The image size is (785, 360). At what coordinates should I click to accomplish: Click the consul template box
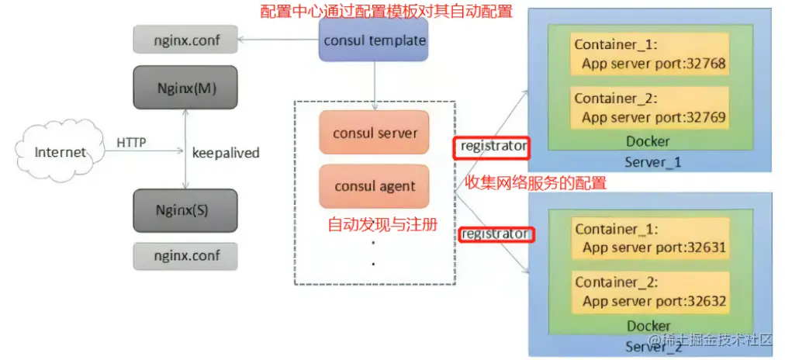(x=375, y=40)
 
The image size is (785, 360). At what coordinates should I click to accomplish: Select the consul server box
(x=375, y=133)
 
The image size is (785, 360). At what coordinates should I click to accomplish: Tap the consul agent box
(x=375, y=186)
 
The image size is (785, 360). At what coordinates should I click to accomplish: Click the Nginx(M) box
(x=185, y=88)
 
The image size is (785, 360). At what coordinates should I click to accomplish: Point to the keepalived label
(x=225, y=153)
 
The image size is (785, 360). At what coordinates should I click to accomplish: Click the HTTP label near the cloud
(x=131, y=143)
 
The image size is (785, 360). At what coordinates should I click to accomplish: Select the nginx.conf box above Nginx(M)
(x=185, y=39)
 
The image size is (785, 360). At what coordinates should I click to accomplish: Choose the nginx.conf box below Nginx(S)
(x=185, y=255)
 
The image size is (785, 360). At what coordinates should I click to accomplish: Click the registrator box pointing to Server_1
(x=493, y=145)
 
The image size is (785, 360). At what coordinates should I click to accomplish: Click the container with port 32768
(x=649, y=54)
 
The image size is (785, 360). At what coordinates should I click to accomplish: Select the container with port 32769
(x=649, y=108)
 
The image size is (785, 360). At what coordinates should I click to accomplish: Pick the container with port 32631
(x=649, y=238)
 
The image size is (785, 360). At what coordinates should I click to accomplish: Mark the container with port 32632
(x=649, y=292)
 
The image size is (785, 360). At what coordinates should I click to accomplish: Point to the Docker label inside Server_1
(x=648, y=142)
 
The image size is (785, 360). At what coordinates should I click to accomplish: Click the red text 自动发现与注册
(x=382, y=225)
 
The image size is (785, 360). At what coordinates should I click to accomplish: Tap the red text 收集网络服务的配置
(x=534, y=183)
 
